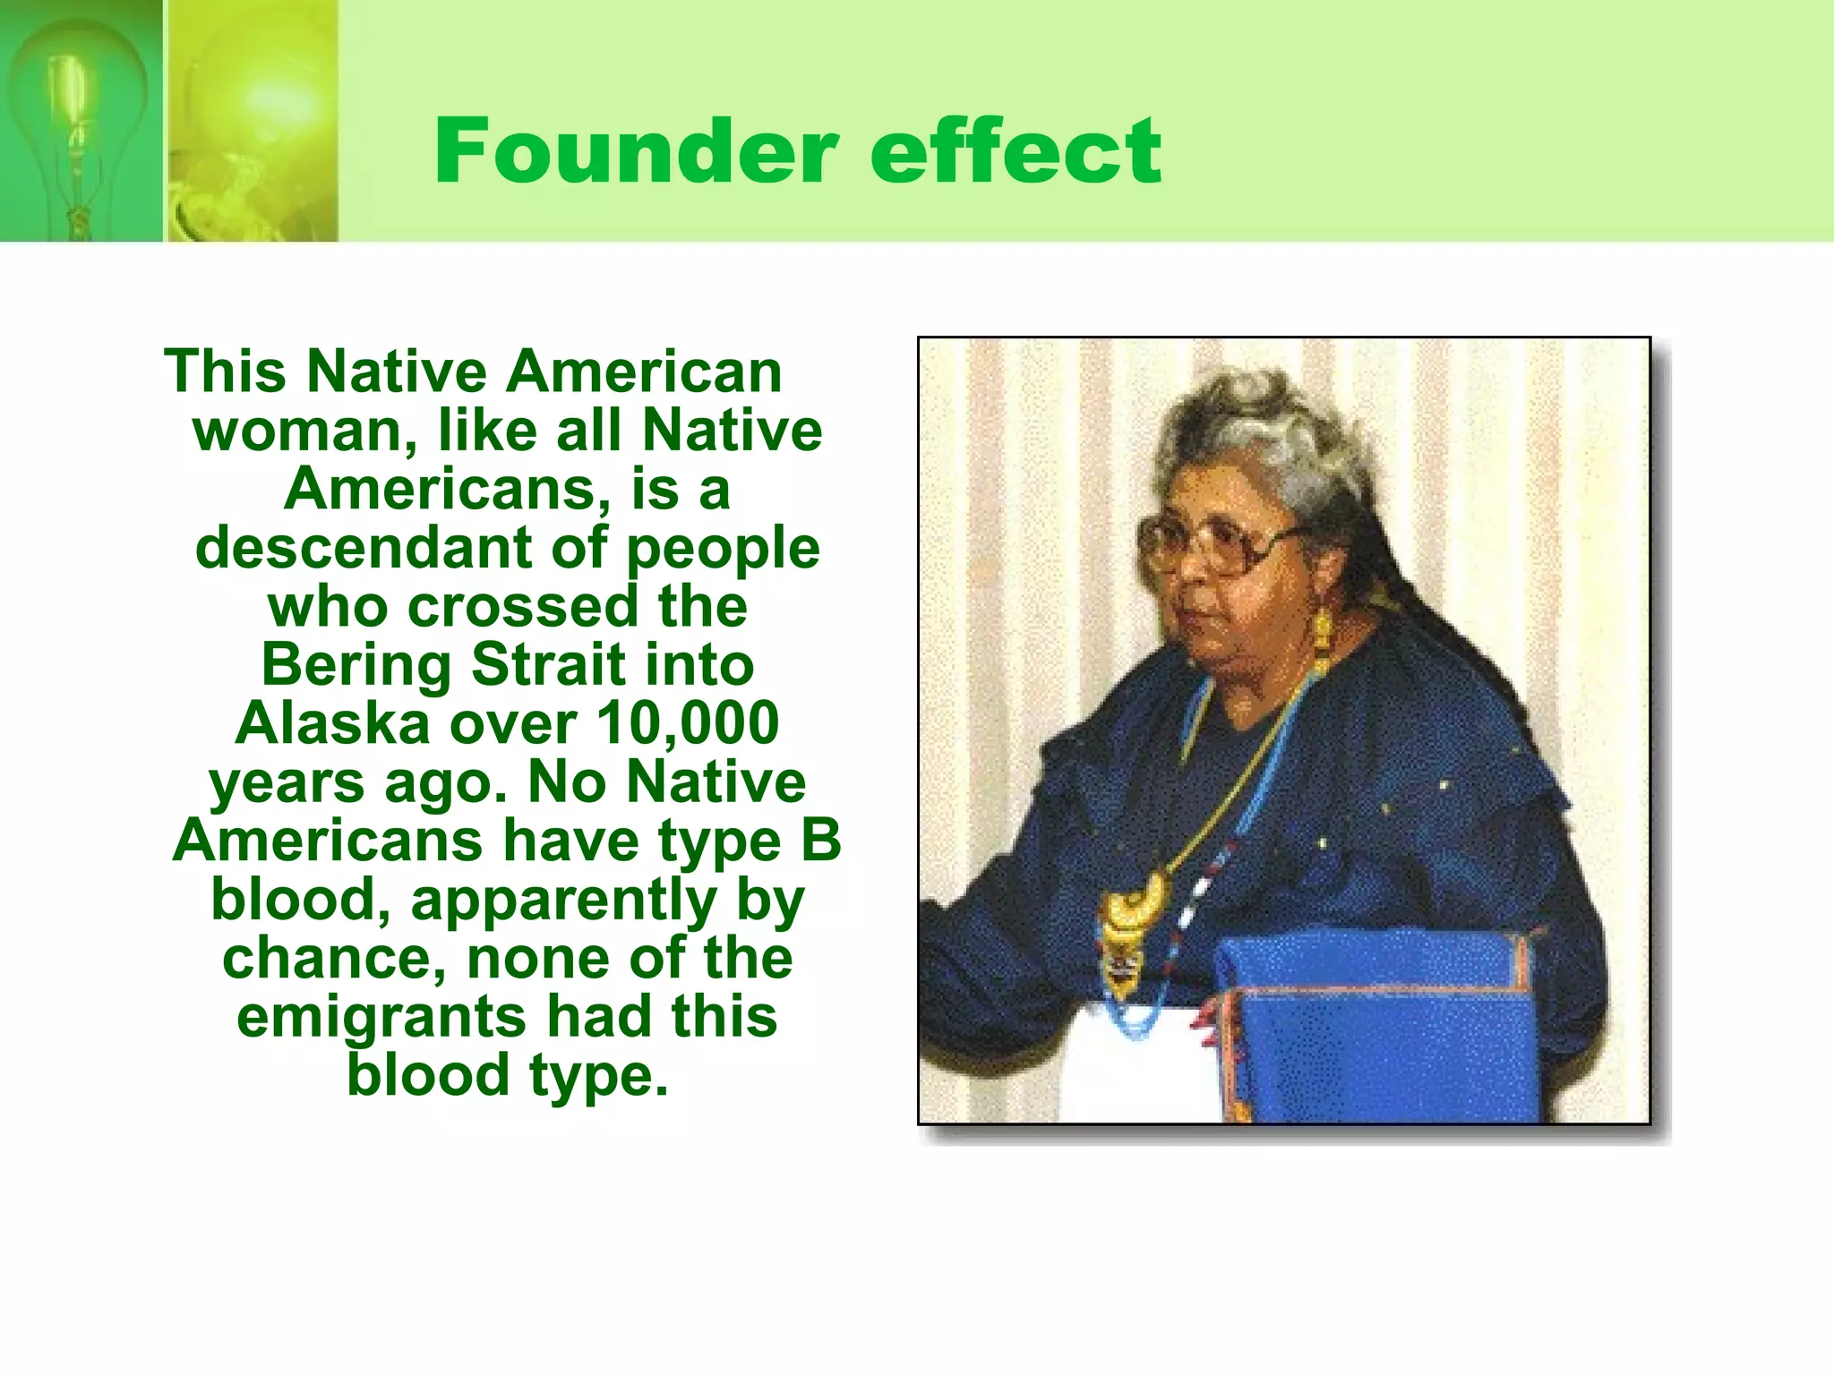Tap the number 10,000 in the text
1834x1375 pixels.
[688, 723]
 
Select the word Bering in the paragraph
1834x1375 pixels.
[356, 666]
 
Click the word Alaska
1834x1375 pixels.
[332, 723]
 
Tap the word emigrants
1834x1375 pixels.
[381, 1017]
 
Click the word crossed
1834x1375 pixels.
[524, 606]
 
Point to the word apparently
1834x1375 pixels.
[563, 901]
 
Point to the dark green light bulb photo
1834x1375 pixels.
[81, 121]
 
